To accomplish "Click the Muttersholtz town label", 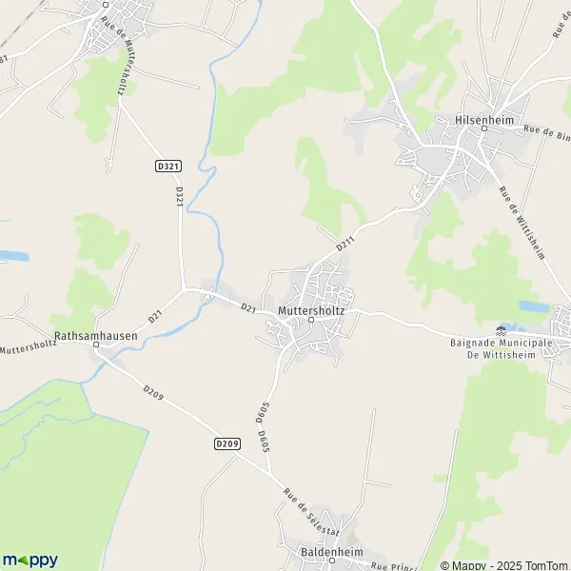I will pyautogui.click(x=311, y=310).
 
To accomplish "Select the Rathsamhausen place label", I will pyautogui.click(x=95, y=336).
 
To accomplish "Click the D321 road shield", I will pyautogui.click(x=167, y=167).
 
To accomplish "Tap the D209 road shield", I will pyautogui.click(x=226, y=443).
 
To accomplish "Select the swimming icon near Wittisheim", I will pyautogui.click(x=502, y=329).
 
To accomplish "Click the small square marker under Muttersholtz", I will pyautogui.click(x=311, y=321).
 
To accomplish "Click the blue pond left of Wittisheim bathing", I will pyautogui.click(x=533, y=306).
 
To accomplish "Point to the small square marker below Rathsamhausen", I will pyautogui.click(x=95, y=346).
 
